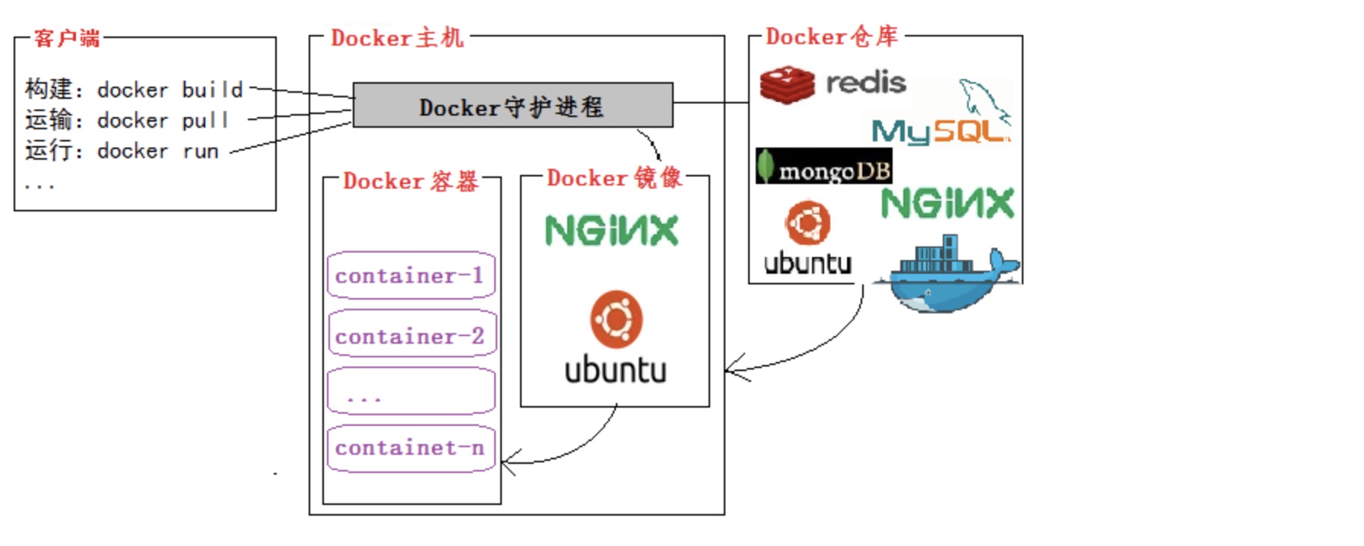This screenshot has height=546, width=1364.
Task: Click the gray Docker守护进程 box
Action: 512,105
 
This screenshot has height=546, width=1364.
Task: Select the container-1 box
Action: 411,275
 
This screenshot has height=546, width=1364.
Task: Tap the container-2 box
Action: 411,335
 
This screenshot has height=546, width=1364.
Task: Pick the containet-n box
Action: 411,448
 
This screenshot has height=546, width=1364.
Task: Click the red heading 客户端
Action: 67,38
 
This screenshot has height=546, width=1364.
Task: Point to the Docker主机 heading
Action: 397,37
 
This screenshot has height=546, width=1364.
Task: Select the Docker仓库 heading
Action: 831,36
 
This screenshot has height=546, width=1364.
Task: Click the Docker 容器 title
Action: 411,181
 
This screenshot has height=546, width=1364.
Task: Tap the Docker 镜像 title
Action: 614,178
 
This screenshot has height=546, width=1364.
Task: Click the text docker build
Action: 170,90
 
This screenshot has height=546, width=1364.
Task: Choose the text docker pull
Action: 162,120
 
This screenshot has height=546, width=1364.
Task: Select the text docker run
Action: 157,151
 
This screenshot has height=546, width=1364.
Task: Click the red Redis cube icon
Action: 787,84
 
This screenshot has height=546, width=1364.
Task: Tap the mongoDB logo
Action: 823,167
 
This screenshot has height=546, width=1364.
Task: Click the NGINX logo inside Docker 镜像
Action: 611,230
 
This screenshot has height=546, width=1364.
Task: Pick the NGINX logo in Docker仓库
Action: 947,204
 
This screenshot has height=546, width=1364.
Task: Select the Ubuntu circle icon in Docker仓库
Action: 807,222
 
